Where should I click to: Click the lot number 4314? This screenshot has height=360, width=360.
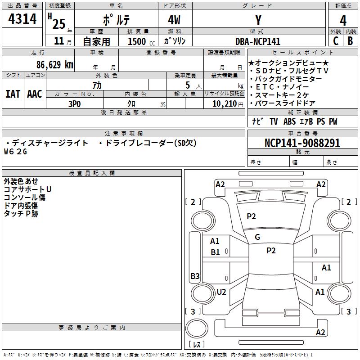22,18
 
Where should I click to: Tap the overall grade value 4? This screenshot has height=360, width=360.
343,20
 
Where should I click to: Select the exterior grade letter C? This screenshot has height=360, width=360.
336,41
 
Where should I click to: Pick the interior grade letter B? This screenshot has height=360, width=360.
350,41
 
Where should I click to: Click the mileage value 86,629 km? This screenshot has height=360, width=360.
55,65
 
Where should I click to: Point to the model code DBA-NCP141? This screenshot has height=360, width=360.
258,41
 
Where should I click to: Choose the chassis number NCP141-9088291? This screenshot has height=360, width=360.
302,143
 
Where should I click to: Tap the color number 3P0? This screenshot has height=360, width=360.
75,104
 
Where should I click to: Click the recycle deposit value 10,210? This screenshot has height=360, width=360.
224,104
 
